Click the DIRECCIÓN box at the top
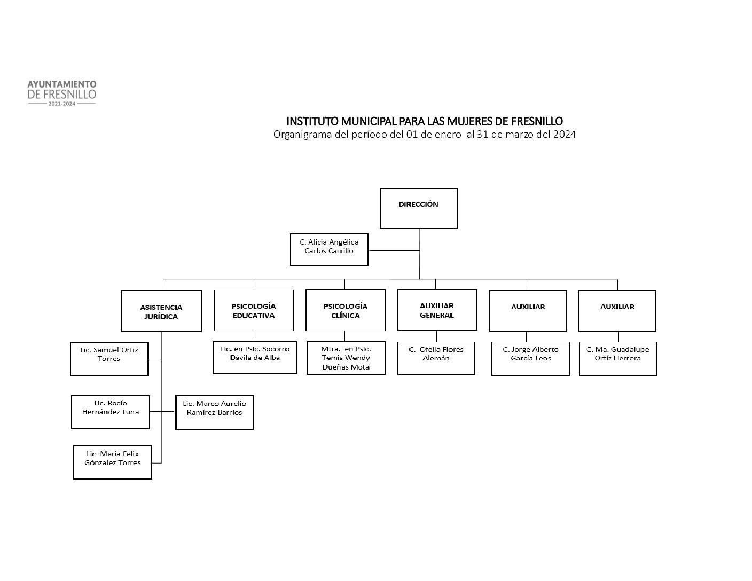click(x=418, y=208)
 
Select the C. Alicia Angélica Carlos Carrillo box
click(x=329, y=249)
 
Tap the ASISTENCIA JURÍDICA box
click(x=161, y=311)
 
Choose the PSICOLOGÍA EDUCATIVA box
click(x=254, y=310)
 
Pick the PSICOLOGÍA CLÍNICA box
click(x=345, y=310)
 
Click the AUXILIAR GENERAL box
click(x=437, y=310)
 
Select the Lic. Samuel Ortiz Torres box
click(x=109, y=359)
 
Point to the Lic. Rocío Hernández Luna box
click(x=111, y=412)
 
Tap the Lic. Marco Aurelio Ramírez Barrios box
click(x=214, y=412)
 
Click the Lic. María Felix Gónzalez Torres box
click(x=113, y=462)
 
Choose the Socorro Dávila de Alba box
click(x=255, y=357)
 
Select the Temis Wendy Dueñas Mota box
click(x=346, y=358)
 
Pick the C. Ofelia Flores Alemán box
click(x=436, y=358)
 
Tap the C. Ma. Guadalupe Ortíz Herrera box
click(x=617, y=359)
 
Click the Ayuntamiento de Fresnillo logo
click(x=62, y=93)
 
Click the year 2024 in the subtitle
click(x=564, y=135)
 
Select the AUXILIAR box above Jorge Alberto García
click(x=528, y=311)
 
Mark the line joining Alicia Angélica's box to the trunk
click(x=394, y=250)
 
